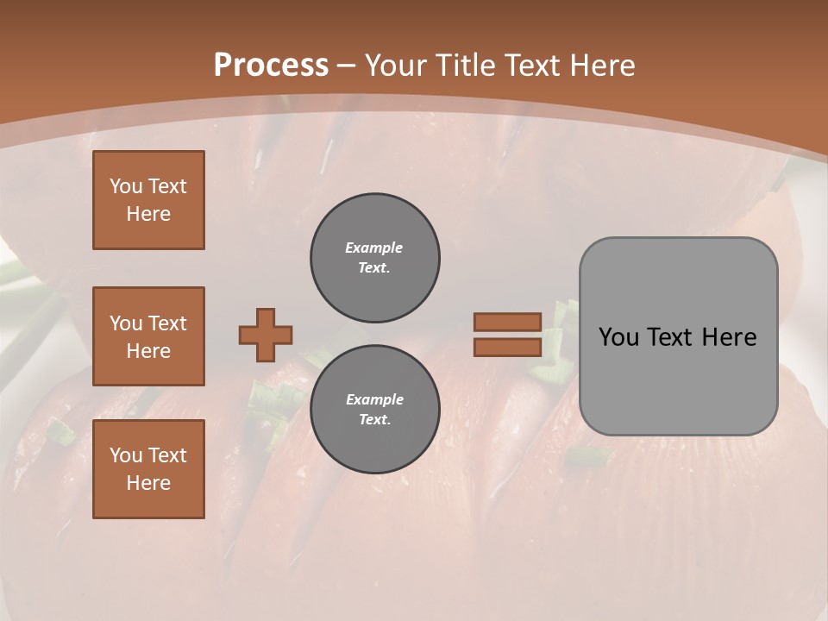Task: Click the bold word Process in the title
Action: (x=271, y=66)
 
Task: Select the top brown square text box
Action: (x=148, y=200)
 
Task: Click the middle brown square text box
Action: (x=148, y=336)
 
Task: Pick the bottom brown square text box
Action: (x=148, y=469)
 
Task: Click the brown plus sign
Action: (x=266, y=335)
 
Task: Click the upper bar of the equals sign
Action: (x=507, y=322)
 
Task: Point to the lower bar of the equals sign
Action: (x=507, y=347)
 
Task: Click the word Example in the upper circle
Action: (x=374, y=248)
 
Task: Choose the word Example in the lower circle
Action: (x=374, y=399)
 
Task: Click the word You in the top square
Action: (x=126, y=186)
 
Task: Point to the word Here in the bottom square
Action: (x=148, y=483)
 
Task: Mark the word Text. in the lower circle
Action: (x=374, y=420)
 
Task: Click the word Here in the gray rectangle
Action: (x=729, y=337)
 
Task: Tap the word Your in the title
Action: (x=396, y=66)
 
